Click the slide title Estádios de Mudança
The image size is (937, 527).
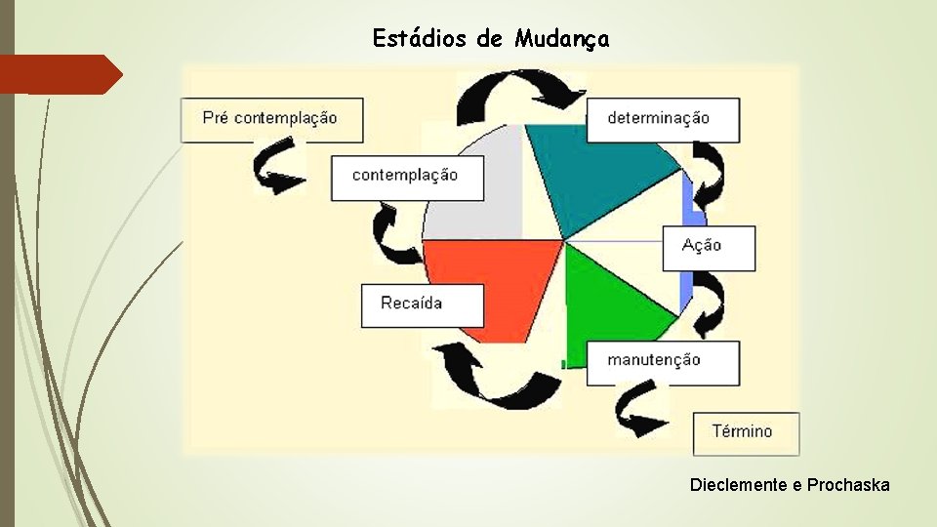tap(491, 39)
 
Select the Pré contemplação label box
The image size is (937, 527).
tap(271, 119)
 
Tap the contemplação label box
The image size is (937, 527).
tap(406, 177)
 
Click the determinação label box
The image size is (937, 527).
tap(662, 119)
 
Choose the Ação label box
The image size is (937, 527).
tap(708, 248)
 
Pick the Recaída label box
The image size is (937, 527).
tap(422, 304)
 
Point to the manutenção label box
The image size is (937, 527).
tap(662, 362)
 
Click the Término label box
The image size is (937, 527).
tap(745, 432)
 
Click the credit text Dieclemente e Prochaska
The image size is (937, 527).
tap(790, 484)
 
